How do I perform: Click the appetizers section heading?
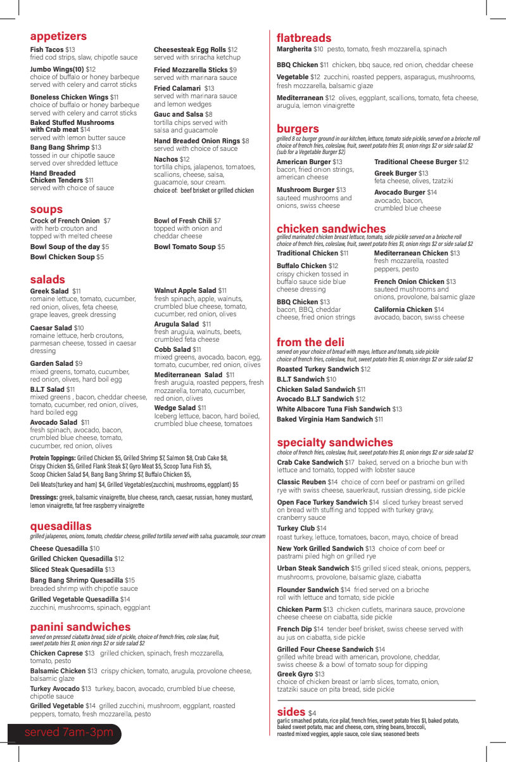pyautogui.click(x=58, y=36)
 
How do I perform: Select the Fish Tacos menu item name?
pyautogui.click(x=47, y=49)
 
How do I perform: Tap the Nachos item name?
pyautogui.click(x=166, y=159)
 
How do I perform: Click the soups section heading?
pyautogui.click(x=46, y=209)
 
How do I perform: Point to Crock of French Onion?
pyautogui.click(x=65, y=221)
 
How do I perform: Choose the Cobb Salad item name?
pyautogui.click(x=172, y=349)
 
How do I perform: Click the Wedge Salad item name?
pyautogui.click(x=175, y=408)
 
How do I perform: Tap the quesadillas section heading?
pyautogui.click(x=61, y=526)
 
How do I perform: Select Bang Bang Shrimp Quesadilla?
pyautogui.click(x=77, y=580)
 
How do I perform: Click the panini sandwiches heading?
pyautogui.click(x=80, y=627)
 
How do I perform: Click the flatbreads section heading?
pyautogui.click(x=304, y=37)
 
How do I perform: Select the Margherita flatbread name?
pyautogui.click(x=294, y=49)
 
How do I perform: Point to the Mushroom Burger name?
pyautogui.click(x=305, y=190)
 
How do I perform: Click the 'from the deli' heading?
pyautogui.click(x=310, y=342)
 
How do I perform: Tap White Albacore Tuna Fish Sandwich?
pyautogui.click(x=333, y=409)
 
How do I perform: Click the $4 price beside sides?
pyautogui.click(x=312, y=713)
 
